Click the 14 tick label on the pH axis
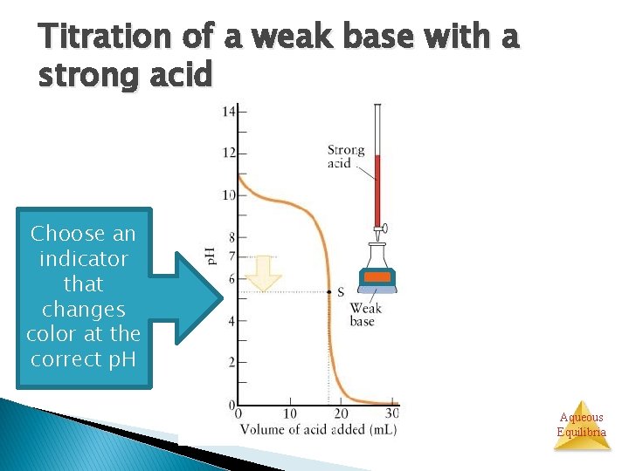[x=229, y=112]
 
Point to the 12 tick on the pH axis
[x=229, y=154]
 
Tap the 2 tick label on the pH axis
[x=232, y=362]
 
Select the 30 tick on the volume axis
[x=392, y=413]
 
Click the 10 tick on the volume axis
[x=290, y=413]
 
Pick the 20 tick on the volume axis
[x=342, y=413]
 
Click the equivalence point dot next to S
[x=328, y=292]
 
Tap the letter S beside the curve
[x=341, y=292]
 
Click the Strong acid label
[x=346, y=156]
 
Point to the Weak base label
[x=363, y=315]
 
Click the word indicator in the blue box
[x=84, y=259]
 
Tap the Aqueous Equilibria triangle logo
[x=582, y=427]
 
